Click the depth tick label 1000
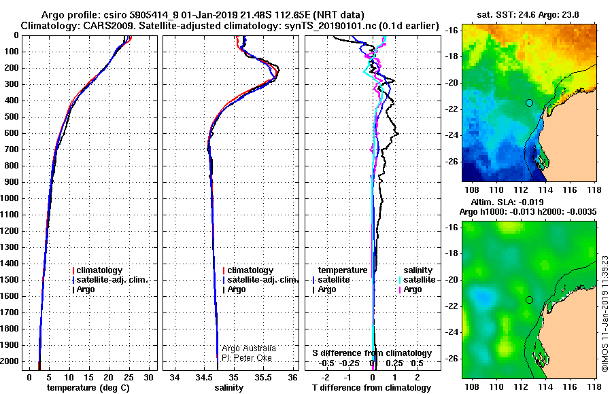coord(10,198)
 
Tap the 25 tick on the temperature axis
coord(129,378)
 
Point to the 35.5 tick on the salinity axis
coord(263,378)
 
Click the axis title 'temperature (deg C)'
coord(88,388)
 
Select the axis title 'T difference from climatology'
coord(372,388)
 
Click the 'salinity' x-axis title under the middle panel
coord(229,388)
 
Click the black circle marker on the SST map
coord(529,103)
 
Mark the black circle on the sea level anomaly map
coord(529,300)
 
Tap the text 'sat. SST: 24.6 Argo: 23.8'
coord(528,15)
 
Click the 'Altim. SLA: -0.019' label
coord(507,202)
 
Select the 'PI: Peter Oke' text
coord(247,358)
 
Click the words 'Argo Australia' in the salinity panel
coord(249,348)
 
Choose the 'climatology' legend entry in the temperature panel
coord(97,270)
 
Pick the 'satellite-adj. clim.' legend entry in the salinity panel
coord(260,280)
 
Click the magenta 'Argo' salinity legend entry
coord(410,289)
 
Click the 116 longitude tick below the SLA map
coord(570,387)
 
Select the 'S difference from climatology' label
coord(372,353)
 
